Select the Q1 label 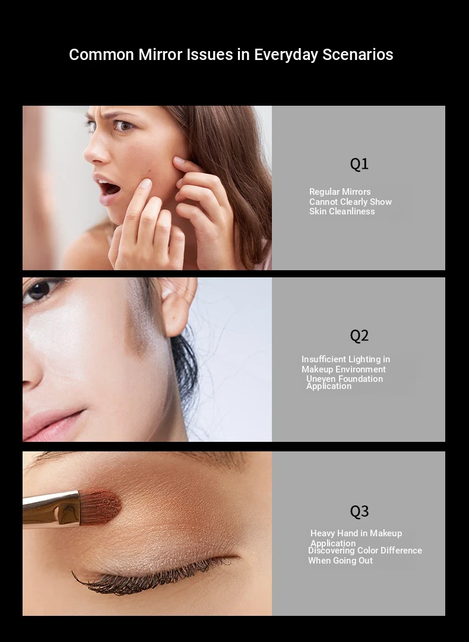(359, 164)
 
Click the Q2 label (359, 336)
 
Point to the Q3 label (359, 511)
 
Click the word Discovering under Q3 (331, 551)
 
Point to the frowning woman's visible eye (123, 125)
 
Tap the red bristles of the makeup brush (100, 507)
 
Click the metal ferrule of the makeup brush (51, 509)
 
